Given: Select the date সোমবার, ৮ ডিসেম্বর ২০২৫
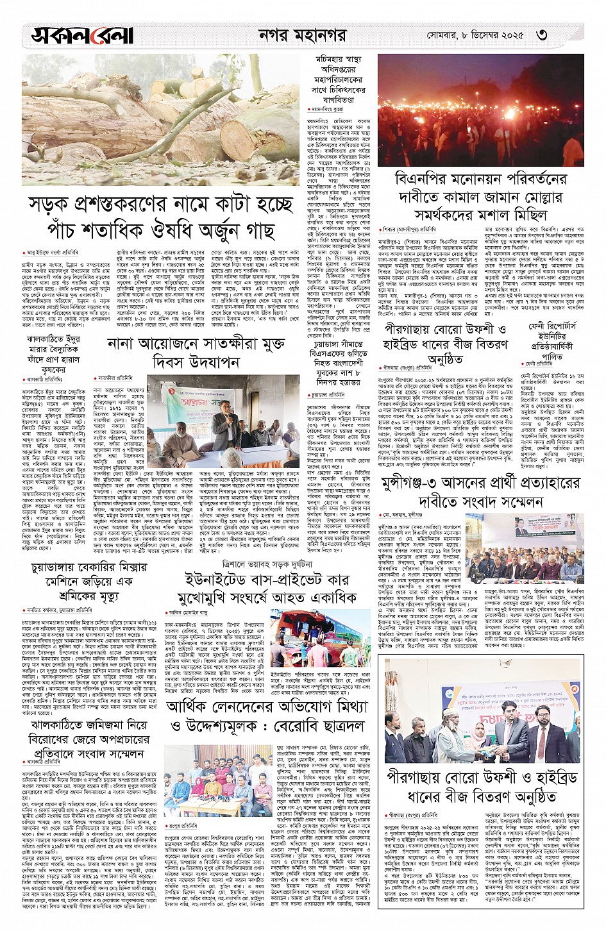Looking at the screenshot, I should pyautogui.click(x=475, y=35).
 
